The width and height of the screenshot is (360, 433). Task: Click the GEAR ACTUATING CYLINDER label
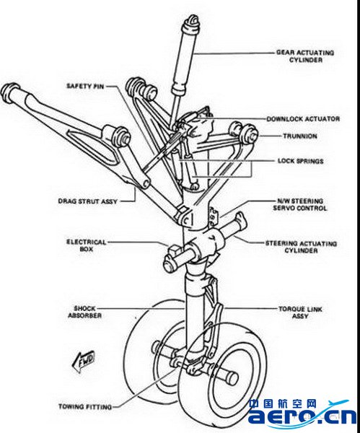click(x=305, y=56)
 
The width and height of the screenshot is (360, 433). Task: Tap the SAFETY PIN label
click(x=85, y=86)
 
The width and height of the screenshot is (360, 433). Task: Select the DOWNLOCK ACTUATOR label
click(x=303, y=119)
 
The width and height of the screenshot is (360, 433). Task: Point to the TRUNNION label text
click(x=300, y=136)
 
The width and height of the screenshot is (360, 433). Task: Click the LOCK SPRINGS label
click(x=301, y=161)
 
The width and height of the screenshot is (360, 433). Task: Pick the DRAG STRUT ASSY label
click(x=88, y=201)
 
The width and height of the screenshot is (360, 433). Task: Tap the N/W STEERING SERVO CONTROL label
click(x=300, y=205)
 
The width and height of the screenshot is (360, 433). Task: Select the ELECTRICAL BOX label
click(x=87, y=245)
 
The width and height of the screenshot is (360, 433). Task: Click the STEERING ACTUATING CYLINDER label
click(x=301, y=247)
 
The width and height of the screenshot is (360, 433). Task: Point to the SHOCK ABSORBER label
click(x=84, y=312)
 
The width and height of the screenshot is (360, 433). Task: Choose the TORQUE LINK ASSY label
click(x=300, y=312)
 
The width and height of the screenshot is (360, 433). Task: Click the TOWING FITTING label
click(x=85, y=407)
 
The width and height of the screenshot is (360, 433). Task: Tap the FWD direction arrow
click(x=84, y=362)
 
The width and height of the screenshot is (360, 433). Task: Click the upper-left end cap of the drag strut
click(x=8, y=90)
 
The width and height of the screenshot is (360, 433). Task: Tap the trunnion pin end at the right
click(x=250, y=134)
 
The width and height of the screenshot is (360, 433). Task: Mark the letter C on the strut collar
click(x=187, y=221)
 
